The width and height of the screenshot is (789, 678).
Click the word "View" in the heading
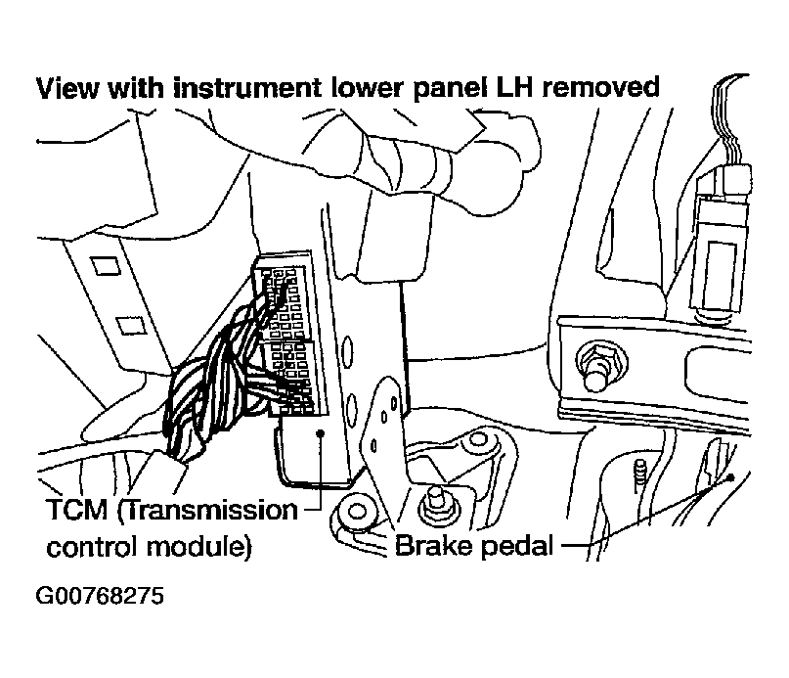[x=67, y=88]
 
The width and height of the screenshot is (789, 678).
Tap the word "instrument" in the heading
[x=247, y=88]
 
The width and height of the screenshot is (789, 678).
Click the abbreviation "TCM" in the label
[x=77, y=510]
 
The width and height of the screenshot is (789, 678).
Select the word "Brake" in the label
[x=432, y=546]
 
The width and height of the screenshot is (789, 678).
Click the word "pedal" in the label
[x=517, y=547]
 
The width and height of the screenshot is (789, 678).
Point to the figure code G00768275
[x=100, y=596]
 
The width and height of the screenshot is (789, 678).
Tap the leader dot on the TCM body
[x=320, y=433]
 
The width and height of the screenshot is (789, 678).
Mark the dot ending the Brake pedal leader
[x=730, y=477]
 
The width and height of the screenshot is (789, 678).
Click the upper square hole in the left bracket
[x=105, y=265]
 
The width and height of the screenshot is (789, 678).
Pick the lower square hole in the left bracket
[x=131, y=326]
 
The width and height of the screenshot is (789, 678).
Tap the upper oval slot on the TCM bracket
[x=346, y=350]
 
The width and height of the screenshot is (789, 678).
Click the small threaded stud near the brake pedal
[x=640, y=476]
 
